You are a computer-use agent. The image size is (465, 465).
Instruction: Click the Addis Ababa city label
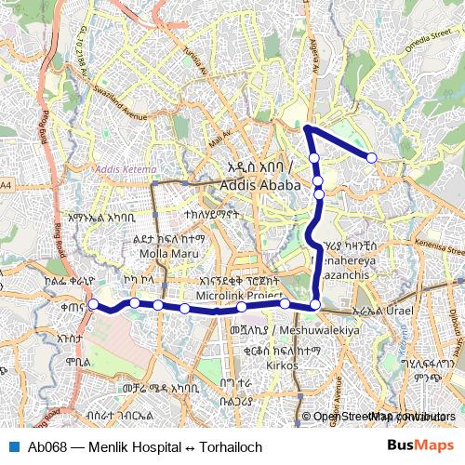(260, 185)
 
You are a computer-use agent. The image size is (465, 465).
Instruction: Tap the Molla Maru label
(164, 252)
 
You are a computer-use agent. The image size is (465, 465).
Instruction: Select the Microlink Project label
(239, 295)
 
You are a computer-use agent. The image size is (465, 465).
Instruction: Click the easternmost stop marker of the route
(372, 158)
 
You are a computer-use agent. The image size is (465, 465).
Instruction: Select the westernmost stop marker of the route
(93, 304)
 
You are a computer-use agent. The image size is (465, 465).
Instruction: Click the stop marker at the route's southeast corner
(315, 304)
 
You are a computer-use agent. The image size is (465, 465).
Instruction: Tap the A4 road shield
(7, 186)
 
